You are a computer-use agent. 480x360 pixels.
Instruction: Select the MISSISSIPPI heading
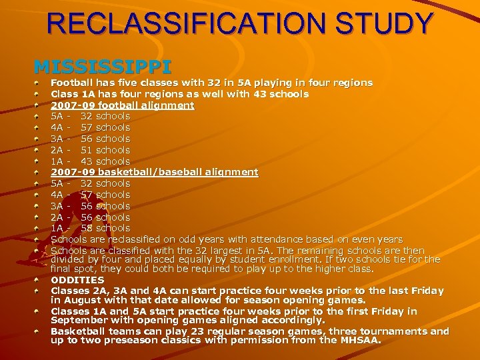pos(103,67)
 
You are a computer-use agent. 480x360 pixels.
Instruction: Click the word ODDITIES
pos(77,280)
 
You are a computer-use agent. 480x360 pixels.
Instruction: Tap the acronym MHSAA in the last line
pos(360,341)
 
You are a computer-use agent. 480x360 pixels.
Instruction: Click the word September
pos(80,321)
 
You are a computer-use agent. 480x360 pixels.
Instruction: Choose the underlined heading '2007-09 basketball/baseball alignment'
pos(154,172)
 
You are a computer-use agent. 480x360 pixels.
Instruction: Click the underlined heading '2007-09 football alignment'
pos(123,105)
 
